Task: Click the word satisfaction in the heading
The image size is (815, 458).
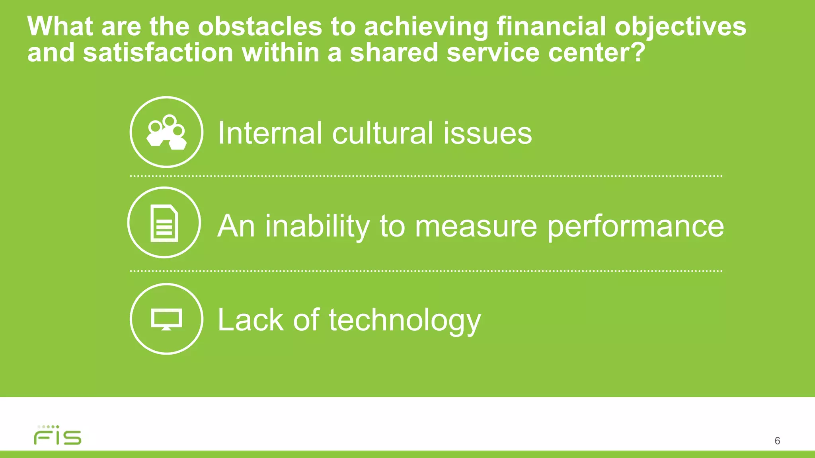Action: [x=158, y=53]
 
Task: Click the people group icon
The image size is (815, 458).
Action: [x=166, y=132]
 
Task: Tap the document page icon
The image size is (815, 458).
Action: [x=164, y=223]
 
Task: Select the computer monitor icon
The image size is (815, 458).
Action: [x=166, y=319]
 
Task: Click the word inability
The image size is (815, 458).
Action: [x=318, y=226]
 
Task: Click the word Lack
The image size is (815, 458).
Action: [x=250, y=320]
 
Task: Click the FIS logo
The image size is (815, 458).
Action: [x=58, y=436]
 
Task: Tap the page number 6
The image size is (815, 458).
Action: [x=777, y=441]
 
